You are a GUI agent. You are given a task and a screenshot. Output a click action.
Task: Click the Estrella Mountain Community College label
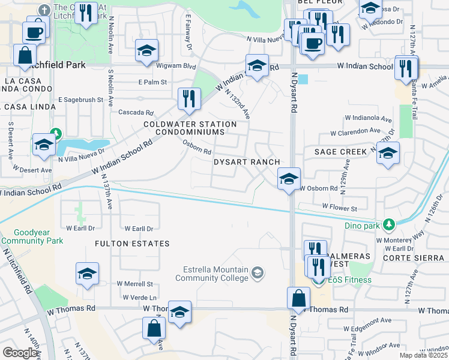211,274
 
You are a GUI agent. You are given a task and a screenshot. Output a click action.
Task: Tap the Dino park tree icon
390,225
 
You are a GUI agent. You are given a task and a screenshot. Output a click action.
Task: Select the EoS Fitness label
349,280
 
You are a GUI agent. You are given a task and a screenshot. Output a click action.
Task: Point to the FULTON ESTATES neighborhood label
131,244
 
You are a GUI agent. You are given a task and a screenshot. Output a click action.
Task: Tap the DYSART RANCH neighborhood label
247,162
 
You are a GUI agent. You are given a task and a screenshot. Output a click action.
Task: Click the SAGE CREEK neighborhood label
340,152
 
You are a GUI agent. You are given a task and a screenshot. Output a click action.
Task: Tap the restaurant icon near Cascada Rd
189,98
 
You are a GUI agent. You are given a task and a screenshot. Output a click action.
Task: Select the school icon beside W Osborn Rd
289,179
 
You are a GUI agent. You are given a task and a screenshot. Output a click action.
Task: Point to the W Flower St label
340,208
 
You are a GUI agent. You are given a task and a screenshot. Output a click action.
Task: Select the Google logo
20,353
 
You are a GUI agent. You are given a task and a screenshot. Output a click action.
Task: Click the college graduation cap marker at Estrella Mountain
257,274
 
